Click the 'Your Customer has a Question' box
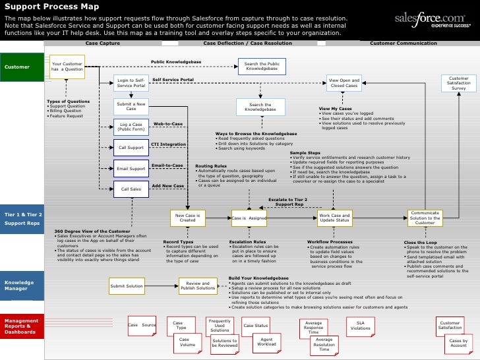(x=67, y=67)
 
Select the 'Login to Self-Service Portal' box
(x=131, y=83)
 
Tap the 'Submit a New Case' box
(x=131, y=106)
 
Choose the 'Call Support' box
(x=131, y=147)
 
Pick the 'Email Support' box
(x=131, y=169)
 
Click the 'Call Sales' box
(x=131, y=189)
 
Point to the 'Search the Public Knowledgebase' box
(x=261, y=66)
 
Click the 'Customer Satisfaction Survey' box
(x=458, y=83)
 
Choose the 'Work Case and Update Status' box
(x=335, y=218)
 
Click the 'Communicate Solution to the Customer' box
(x=425, y=218)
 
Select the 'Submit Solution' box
(x=126, y=286)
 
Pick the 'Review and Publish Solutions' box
(x=198, y=285)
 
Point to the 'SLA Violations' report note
(x=360, y=325)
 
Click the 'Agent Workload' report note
(x=266, y=342)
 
